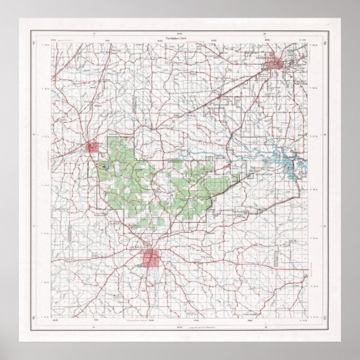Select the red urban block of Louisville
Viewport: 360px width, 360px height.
(x=155, y=259)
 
